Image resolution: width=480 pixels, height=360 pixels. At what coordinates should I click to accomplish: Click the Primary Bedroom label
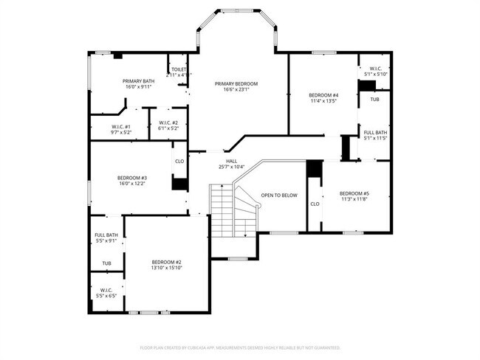point(236,83)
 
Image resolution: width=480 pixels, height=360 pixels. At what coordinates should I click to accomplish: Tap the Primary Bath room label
point(138,80)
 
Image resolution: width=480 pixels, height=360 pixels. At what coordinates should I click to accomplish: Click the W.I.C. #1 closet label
point(121,126)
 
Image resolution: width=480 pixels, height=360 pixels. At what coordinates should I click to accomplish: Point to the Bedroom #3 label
point(132,178)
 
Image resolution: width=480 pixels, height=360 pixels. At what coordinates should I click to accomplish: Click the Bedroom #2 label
point(167,262)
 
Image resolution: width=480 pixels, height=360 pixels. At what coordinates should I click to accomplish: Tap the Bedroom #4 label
point(323,95)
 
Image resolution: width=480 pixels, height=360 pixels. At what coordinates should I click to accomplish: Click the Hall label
point(231,161)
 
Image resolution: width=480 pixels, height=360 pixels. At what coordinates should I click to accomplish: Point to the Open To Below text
point(279,195)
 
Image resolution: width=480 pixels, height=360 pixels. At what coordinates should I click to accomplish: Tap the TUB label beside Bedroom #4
point(374,99)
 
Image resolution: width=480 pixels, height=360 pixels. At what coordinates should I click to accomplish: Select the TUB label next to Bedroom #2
point(106,263)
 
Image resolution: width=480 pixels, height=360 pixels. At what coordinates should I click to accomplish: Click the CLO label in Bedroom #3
point(179,161)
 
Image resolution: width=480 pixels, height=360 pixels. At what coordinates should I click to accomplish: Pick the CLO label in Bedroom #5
point(315,204)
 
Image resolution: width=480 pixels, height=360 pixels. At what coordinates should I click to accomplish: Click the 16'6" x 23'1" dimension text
point(236,90)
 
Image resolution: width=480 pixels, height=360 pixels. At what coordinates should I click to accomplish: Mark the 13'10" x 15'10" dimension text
point(167,269)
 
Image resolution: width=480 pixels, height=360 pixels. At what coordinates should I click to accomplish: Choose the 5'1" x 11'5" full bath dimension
point(375,138)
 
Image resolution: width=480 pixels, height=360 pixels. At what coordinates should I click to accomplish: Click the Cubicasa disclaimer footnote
point(240,347)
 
